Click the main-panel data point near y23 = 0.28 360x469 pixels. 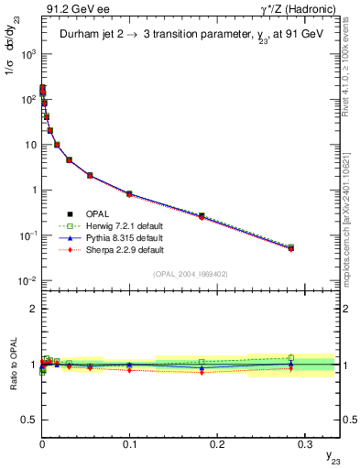pyautogui.click(x=290, y=247)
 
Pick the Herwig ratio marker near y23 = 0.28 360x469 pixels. pyautogui.click(x=290, y=357)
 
